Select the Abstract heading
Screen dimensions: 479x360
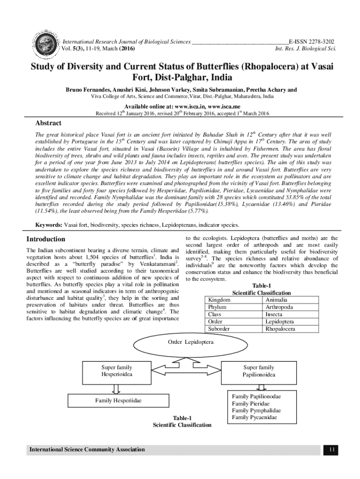tap(49, 123)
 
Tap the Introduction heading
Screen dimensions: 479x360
tap(46, 239)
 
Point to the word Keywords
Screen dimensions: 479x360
tap(49, 225)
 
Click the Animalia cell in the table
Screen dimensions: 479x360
tap(276, 299)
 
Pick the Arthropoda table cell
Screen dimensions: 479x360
tap(279, 307)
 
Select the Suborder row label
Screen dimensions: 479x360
tap(219, 329)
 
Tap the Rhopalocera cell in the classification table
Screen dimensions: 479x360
tap(280, 329)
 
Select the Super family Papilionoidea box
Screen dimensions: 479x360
tap(259, 371)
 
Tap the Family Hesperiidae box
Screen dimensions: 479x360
tap(118, 401)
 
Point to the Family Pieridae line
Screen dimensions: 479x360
tap(251, 403)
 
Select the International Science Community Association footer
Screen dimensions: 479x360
tap(87, 450)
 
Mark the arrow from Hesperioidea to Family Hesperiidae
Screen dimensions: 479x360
tap(116, 388)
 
